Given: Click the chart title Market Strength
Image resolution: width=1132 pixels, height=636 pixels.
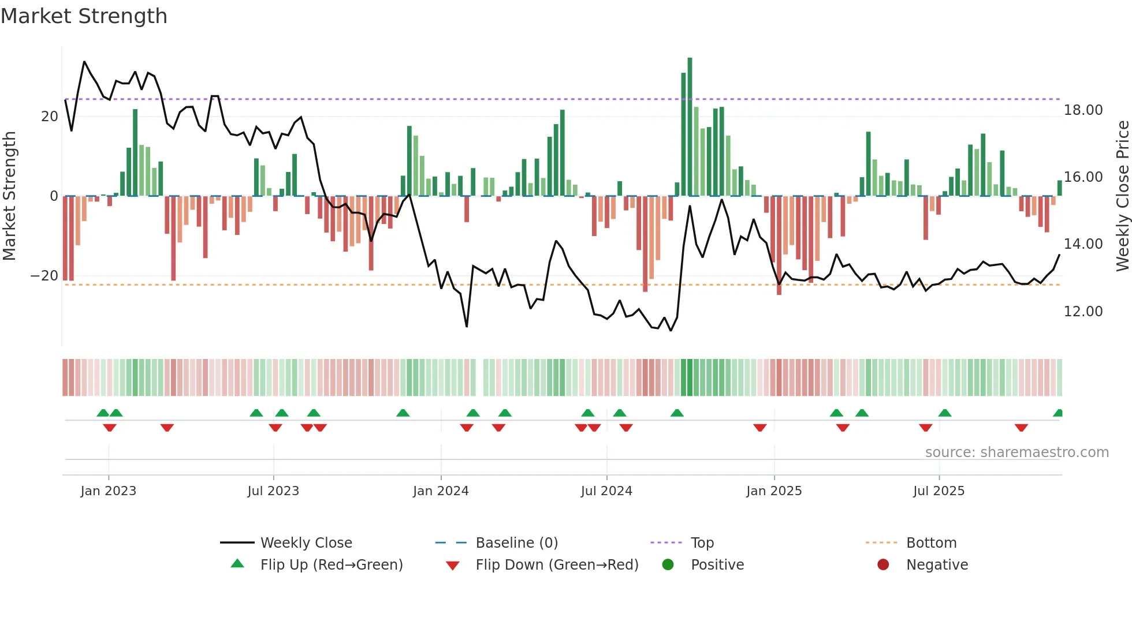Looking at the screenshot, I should [x=84, y=16].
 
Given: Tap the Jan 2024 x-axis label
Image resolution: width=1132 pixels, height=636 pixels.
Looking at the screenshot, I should [x=441, y=491].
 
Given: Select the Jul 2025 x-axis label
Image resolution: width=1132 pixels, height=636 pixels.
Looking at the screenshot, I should [x=939, y=491].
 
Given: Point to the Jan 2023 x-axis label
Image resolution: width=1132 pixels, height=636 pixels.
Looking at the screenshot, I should [x=109, y=491].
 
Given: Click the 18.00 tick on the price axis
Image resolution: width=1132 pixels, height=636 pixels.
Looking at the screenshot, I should [x=1083, y=110].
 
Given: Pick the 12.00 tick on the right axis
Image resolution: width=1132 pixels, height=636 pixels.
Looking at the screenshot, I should [x=1083, y=312].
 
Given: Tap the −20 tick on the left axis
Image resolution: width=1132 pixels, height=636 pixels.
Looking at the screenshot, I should [x=44, y=276].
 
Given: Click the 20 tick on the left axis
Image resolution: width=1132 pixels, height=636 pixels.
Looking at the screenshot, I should [x=49, y=117].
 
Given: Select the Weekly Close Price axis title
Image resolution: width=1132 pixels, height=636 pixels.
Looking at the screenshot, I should [x=1122, y=196].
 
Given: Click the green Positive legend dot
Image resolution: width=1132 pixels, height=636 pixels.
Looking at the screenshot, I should [x=668, y=565].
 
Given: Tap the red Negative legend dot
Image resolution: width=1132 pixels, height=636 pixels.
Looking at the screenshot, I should [x=883, y=565].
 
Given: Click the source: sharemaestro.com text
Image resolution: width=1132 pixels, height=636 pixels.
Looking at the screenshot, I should [x=1016, y=452].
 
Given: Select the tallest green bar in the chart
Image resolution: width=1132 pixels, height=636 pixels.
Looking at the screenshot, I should [x=690, y=127].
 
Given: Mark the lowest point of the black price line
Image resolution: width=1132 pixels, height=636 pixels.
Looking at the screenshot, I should [x=671, y=331].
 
